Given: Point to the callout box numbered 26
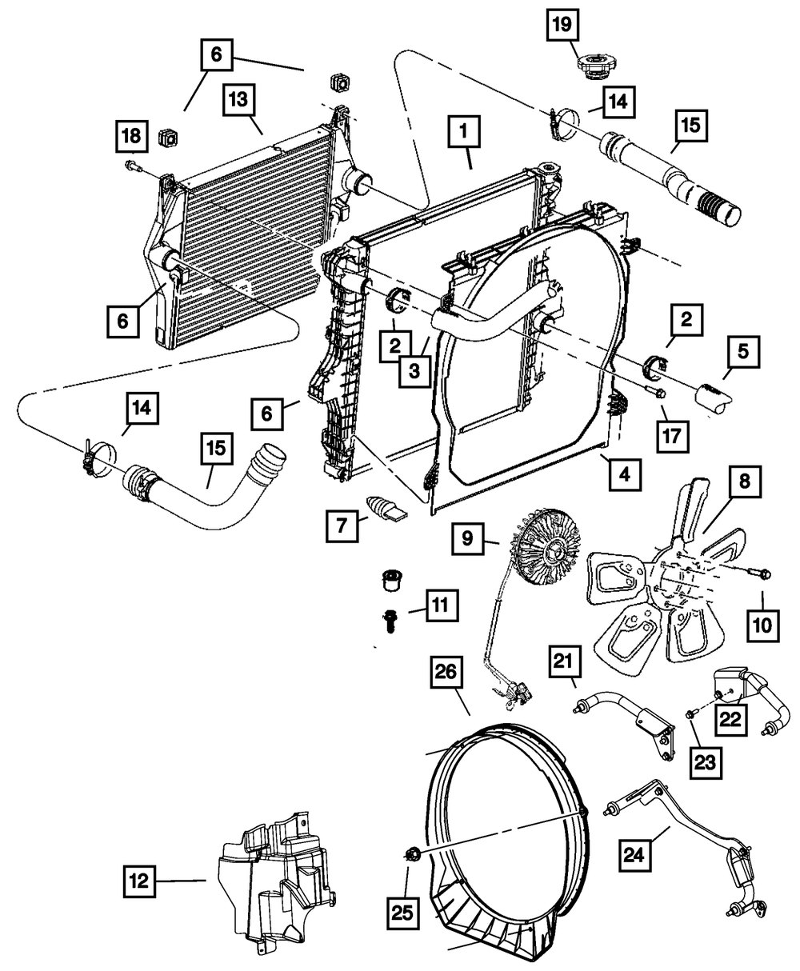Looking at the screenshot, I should pos(447,674).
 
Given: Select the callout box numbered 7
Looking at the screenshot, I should pos(343,525).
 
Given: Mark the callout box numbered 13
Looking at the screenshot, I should pos(241,102).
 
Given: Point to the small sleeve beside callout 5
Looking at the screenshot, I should pos(712,396).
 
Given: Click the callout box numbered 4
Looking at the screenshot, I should pos(624,474).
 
